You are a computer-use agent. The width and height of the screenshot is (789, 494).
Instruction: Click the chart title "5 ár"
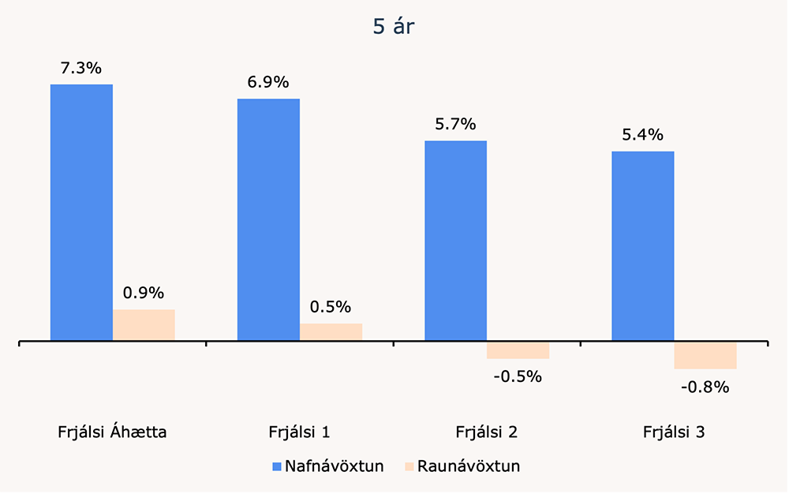click(x=394, y=26)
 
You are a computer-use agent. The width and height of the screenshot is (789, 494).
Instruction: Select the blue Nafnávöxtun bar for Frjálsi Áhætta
click(x=81, y=213)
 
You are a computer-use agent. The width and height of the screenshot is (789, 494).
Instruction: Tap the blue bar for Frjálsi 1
click(x=268, y=220)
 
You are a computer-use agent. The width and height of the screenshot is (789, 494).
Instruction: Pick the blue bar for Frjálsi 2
click(x=456, y=241)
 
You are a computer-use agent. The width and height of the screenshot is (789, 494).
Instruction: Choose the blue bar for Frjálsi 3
click(x=643, y=246)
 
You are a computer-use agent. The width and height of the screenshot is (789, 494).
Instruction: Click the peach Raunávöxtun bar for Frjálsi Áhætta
click(x=144, y=325)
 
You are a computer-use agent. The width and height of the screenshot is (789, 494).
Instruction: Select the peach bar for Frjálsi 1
click(x=331, y=332)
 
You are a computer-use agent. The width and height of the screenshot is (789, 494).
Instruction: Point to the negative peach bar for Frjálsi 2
click(x=518, y=351)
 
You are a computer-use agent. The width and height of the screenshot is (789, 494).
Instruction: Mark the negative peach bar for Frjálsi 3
click(x=705, y=356)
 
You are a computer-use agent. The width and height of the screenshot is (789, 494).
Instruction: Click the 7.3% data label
click(x=81, y=68)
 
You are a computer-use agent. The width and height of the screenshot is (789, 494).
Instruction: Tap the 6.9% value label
click(x=268, y=82)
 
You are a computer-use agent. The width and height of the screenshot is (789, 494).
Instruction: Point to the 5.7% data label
click(x=455, y=124)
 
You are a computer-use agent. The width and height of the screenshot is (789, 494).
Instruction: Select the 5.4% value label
click(x=642, y=135)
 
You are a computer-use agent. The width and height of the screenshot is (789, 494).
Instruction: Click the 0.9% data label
click(x=144, y=293)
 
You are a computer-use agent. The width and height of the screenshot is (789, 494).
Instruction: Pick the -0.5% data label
click(x=518, y=376)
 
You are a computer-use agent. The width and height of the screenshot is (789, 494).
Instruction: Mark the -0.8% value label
click(x=705, y=387)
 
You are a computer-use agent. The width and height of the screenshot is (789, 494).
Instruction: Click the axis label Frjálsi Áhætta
click(x=112, y=432)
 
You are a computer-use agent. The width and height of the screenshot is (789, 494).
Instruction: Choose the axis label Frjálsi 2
click(x=487, y=432)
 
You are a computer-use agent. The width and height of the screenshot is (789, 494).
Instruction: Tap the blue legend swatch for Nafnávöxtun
click(x=276, y=466)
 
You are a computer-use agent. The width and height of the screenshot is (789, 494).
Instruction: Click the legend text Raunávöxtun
click(x=469, y=466)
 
